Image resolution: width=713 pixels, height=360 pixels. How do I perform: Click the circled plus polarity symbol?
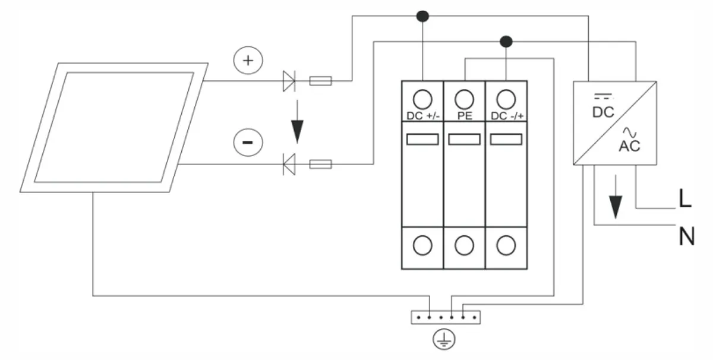click(x=248, y=61)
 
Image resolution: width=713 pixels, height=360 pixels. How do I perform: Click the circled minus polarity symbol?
click(x=248, y=143)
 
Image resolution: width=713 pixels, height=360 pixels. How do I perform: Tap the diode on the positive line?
click(x=289, y=81)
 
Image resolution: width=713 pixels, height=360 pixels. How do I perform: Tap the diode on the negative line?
click(x=289, y=164)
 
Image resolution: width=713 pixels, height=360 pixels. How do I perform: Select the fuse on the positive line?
click(x=320, y=81)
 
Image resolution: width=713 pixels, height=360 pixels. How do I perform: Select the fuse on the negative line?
click(x=320, y=164)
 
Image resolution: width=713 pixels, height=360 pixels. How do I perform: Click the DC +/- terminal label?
click(x=423, y=116)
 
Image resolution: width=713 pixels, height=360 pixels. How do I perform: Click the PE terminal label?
click(x=465, y=116)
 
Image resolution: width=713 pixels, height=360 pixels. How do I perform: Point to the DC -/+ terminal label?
click(x=507, y=116)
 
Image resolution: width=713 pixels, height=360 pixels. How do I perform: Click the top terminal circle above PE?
click(x=465, y=99)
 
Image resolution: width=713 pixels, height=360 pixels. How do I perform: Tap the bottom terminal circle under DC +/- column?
click(x=422, y=245)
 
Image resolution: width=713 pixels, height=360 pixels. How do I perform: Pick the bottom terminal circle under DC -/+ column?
click(x=506, y=245)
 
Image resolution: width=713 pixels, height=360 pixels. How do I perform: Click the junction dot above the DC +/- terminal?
click(x=422, y=16)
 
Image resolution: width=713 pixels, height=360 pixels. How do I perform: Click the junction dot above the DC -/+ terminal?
click(x=506, y=42)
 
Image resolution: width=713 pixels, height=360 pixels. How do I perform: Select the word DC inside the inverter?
click(x=603, y=112)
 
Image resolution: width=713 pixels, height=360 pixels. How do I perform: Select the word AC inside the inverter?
click(x=629, y=146)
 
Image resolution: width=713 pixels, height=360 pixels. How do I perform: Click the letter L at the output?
click(x=685, y=198)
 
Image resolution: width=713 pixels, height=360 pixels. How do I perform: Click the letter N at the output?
click(x=687, y=236)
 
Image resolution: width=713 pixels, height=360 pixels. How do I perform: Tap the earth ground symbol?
click(x=444, y=339)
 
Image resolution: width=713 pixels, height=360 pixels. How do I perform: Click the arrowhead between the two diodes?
click(x=297, y=131)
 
